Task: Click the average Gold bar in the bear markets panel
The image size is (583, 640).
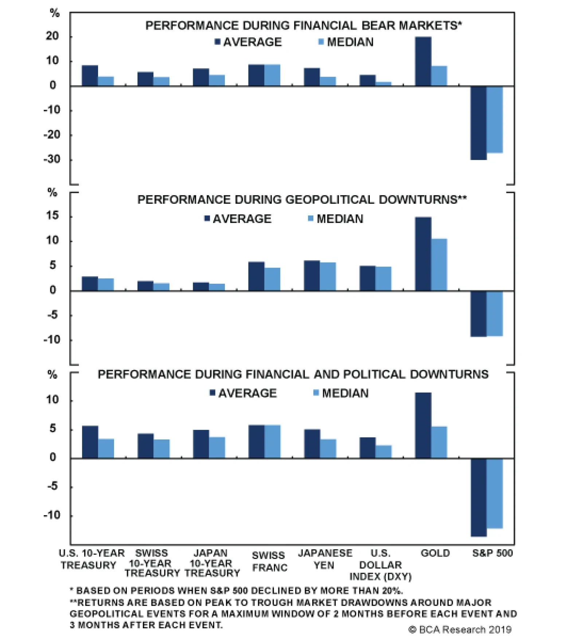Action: (423, 61)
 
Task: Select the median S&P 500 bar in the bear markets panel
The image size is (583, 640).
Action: (494, 120)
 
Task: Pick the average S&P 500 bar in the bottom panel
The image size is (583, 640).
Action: (478, 497)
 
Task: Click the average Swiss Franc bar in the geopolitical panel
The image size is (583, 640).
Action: (256, 276)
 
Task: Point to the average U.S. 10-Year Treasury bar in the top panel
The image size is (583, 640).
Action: (90, 75)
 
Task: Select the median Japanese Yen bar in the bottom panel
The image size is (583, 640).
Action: (328, 448)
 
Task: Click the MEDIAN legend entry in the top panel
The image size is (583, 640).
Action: (346, 42)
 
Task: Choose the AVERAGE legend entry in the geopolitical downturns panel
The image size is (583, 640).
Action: (238, 219)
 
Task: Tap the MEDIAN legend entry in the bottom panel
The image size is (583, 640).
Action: (341, 393)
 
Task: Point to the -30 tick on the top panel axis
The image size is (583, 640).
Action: (52, 159)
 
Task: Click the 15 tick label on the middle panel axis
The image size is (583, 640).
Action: (52, 216)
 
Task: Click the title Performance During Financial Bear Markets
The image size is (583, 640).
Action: (303, 26)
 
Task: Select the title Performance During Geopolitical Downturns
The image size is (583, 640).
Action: (302, 200)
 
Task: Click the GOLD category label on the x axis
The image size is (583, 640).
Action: (435, 553)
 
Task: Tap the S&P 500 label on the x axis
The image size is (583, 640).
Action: (492, 553)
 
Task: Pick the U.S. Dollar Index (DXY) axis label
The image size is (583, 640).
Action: (380, 565)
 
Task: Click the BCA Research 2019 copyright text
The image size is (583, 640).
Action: (460, 630)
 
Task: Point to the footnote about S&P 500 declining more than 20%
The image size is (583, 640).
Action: (236, 591)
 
